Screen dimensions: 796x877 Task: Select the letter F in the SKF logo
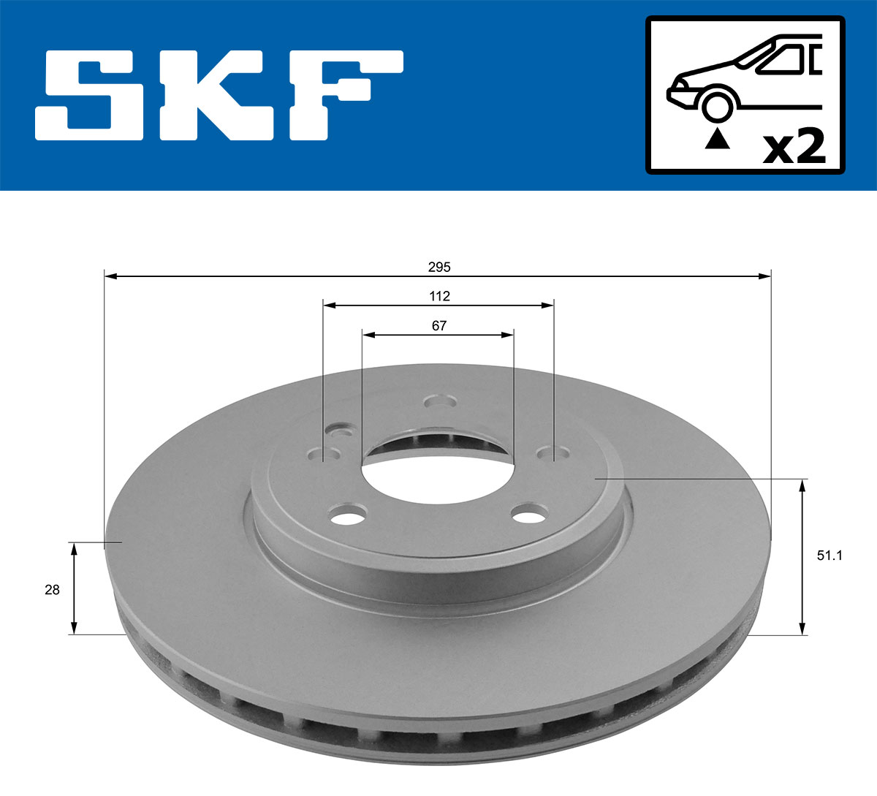click(343, 95)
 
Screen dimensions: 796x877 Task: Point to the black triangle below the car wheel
click(717, 138)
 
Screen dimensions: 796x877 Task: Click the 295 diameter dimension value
click(439, 268)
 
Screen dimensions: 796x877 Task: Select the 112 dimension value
click(439, 296)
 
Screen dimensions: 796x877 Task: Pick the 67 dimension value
click(439, 326)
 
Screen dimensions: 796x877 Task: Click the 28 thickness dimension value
click(52, 590)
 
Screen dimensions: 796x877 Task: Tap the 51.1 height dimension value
click(829, 556)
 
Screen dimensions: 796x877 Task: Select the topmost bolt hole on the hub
click(440, 402)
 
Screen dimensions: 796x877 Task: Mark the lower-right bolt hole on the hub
click(531, 515)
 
